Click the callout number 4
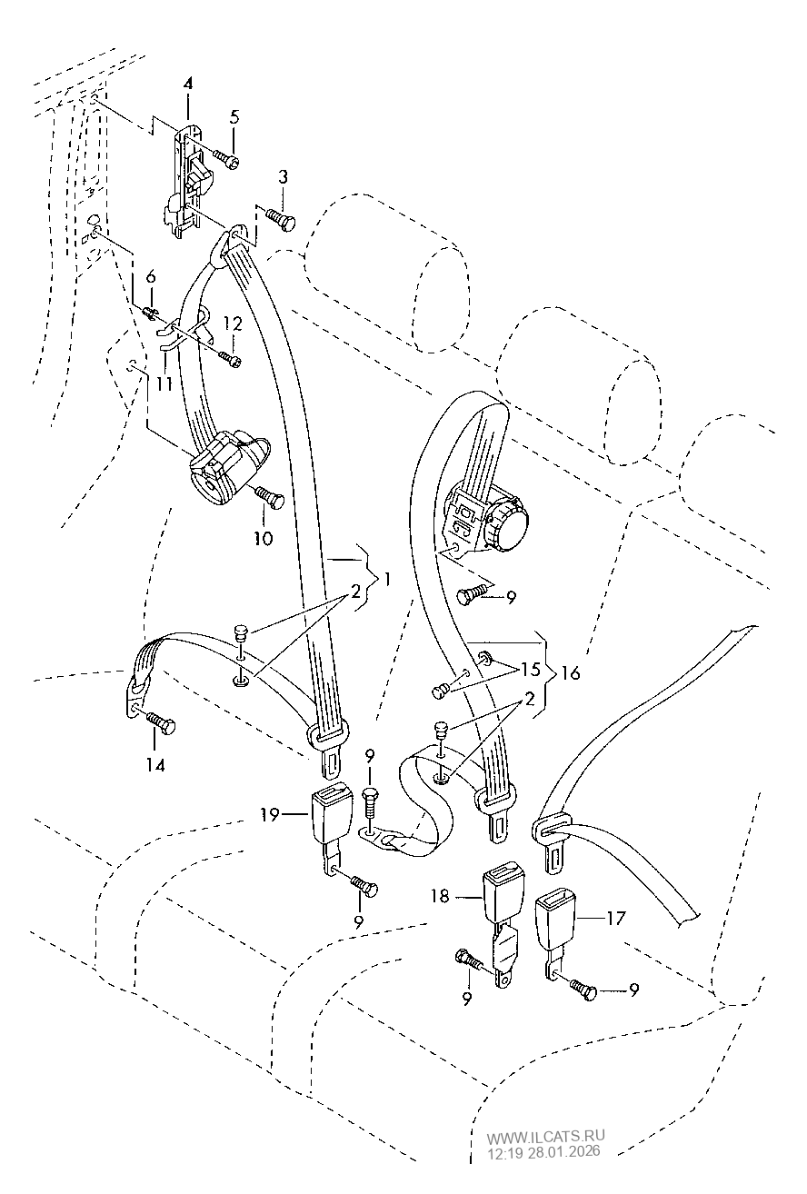[x=187, y=84]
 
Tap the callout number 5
[x=234, y=116]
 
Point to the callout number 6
[x=151, y=276]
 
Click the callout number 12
[x=233, y=323]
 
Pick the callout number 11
[x=164, y=383]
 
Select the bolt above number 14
[x=158, y=722]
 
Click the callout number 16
[x=571, y=673]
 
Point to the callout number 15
[x=531, y=670]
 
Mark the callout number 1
[x=386, y=579]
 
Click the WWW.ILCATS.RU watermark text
[x=545, y=1137]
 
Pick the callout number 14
[x=156, y=765]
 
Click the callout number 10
[x=264, y=538]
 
